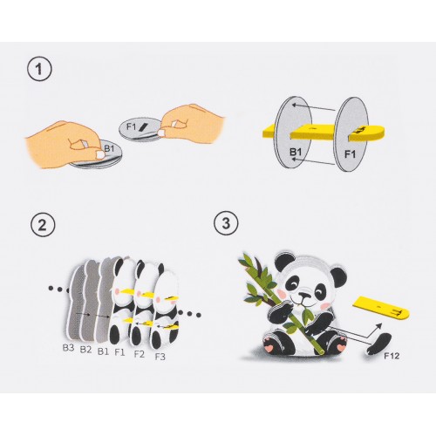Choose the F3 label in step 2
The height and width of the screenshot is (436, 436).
tap(160, 356)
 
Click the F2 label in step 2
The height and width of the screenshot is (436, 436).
tap(139, 353)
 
